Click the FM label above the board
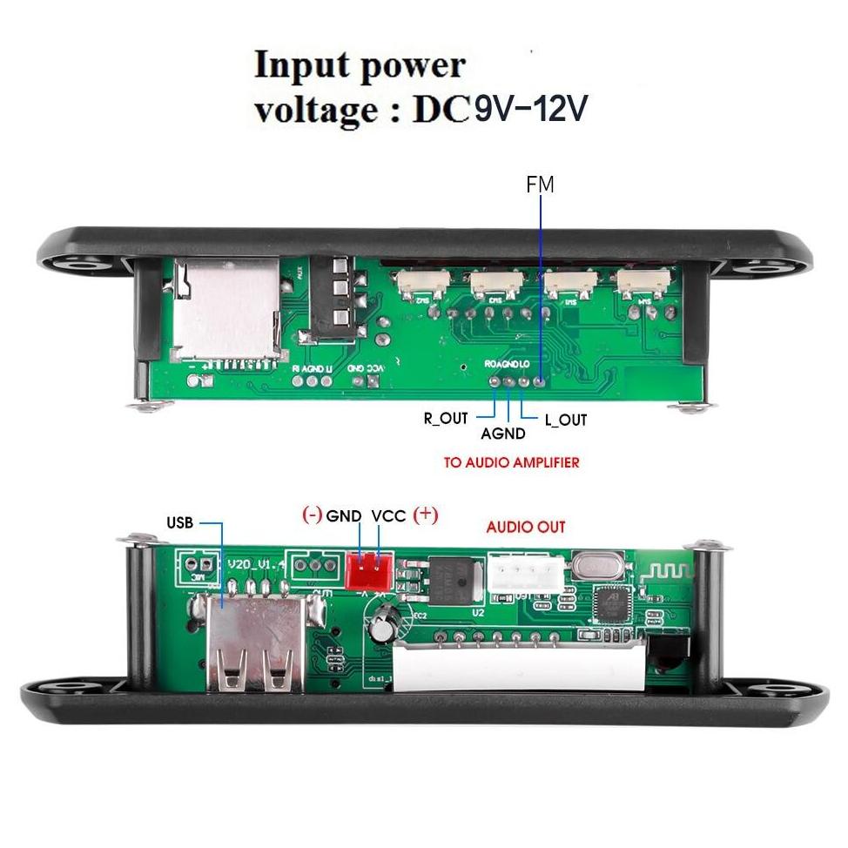click(540, 185)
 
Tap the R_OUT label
click(446, 418)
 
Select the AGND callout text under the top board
click(503, 434)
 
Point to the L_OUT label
click(566, 420)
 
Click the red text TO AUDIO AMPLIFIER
click(511, 463)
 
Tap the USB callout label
click(179, 523)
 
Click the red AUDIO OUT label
click(525, 527)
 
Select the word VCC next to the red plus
click(388, 515)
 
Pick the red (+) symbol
click(426, 515)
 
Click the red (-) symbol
click(312, 515)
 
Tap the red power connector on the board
click(369, 571)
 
